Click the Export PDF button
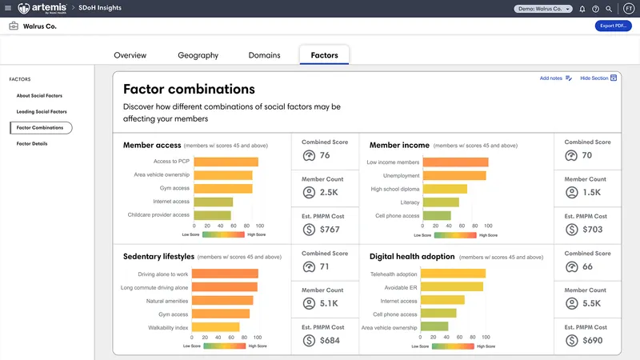614,26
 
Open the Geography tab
198,55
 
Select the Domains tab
263,55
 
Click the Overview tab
130,55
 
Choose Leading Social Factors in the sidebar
42,111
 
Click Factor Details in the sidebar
32,143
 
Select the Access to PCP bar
226,162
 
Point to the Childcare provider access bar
212,215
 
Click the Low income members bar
455,162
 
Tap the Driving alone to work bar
226,274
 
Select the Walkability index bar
216,327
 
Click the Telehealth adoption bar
454,274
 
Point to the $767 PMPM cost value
329,230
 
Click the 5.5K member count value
593,303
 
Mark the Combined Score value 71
325,266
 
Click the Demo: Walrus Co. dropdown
543,9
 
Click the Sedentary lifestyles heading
158,257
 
